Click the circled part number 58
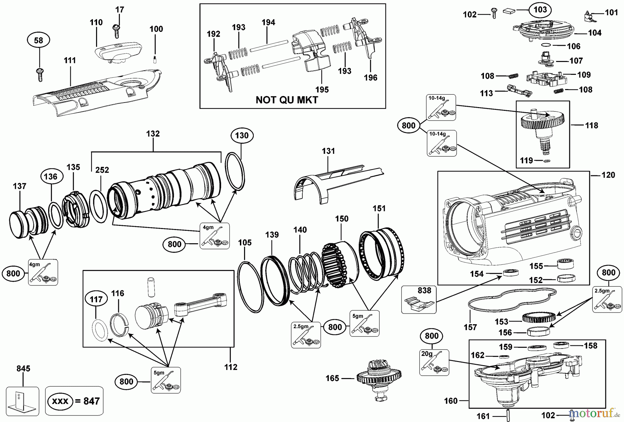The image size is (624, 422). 38,41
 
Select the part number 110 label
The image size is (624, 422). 96,23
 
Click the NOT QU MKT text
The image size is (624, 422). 287,100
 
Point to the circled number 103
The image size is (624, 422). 540,10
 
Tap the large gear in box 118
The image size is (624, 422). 543,121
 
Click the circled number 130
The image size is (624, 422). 242,135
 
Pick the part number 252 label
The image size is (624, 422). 102,170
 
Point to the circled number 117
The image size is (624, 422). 96,299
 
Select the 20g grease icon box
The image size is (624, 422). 434,362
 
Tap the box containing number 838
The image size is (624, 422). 418,299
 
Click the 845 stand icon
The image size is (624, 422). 23,401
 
